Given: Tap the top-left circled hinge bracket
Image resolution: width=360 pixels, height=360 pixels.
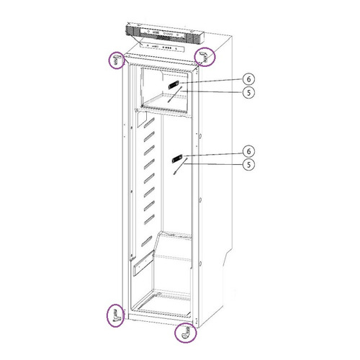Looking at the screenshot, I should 115,60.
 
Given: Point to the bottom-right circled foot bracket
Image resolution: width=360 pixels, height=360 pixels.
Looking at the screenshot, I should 187,333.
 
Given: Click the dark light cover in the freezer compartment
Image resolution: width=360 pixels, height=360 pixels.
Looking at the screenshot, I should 174,85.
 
